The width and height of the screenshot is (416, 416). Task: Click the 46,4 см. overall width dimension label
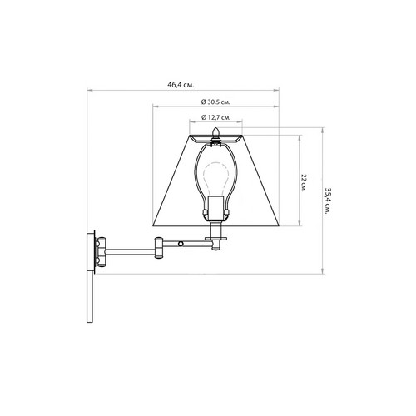pyautogui.click(x=181, y=85)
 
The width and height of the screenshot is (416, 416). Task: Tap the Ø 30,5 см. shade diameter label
pyautogui.click(x=215, y=102)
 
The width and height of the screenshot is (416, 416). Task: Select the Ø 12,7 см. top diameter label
pyautogui.click(x=215, y=117)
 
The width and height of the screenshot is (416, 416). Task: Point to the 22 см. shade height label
pyautogui.click(x=304, y=182)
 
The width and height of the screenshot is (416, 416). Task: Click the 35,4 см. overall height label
pyautogui.click(x=328, y=201)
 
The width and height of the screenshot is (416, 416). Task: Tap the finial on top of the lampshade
pyautogui.click(x=215, y=134)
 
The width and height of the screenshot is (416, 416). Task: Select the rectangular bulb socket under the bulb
pyautogui.click(x=215, y=209)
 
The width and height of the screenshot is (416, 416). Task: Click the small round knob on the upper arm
pyautogui.click(x=181, y=244)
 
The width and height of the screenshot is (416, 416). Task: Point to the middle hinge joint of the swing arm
pyautogui.click(x=159, y=248)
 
